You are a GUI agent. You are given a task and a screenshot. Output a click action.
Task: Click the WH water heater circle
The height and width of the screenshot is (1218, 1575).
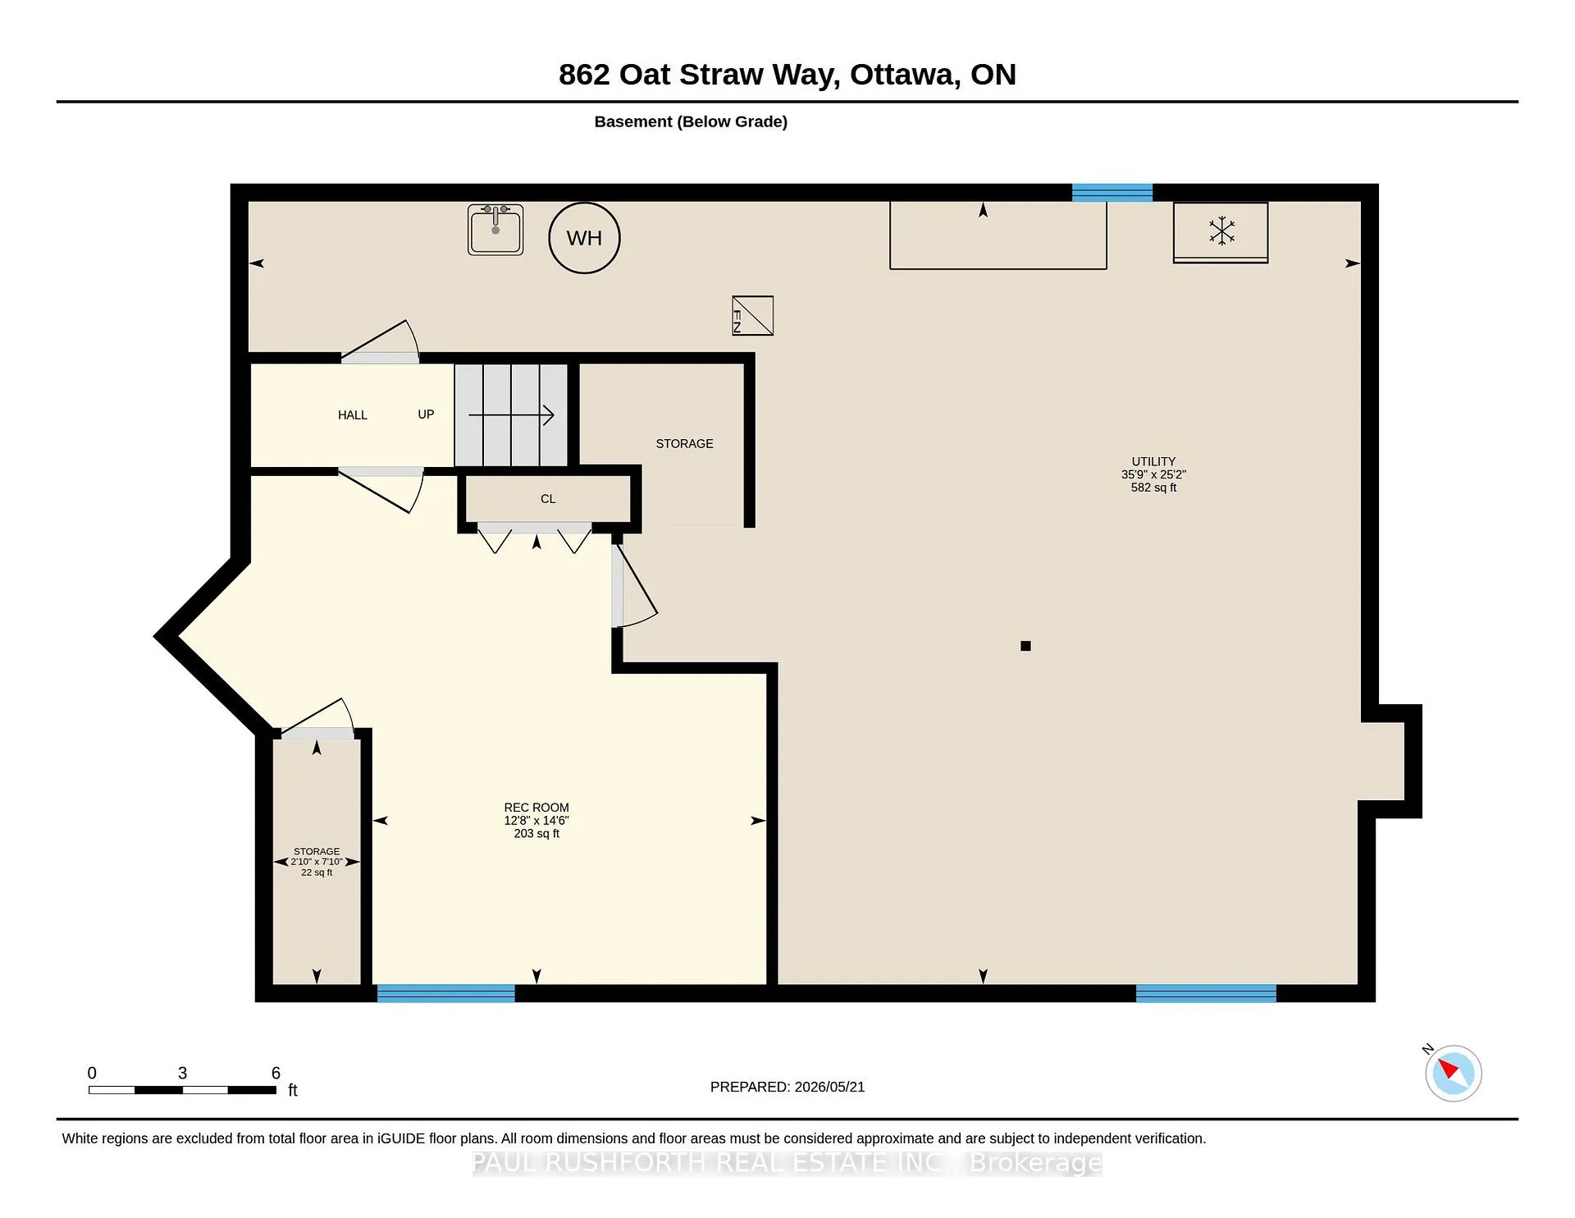[584, 238]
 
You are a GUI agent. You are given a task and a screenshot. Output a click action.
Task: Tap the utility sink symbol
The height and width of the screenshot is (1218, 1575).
[495, 230]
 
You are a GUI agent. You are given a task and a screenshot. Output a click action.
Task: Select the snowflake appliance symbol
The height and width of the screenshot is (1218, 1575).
[1221, 231]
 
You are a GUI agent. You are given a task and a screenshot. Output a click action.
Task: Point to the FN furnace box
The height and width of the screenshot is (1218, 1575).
[752, 316]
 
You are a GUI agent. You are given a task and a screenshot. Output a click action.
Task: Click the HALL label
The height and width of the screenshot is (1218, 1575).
[353, 415]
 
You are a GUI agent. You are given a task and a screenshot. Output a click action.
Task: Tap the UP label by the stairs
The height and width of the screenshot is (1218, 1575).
[426, 414]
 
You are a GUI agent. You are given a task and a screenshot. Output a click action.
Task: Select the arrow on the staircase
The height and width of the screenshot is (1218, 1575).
[511, 415]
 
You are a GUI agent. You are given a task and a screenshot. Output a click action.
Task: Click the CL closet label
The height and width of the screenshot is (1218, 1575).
[548, 499]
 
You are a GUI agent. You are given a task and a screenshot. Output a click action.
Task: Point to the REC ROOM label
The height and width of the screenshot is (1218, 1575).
[536, 808]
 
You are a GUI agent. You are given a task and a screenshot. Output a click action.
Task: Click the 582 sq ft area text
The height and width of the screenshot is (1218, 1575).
[1153, 488]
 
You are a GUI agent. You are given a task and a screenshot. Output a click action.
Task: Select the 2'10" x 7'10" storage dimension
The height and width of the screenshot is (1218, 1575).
[317, 862]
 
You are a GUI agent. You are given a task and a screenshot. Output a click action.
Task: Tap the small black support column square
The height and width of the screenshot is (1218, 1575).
[1025, 646]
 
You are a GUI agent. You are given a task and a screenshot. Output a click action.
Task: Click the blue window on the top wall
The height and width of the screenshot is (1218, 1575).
[1112, 193]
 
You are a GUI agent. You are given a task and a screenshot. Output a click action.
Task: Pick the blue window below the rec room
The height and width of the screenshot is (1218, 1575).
[446, 993]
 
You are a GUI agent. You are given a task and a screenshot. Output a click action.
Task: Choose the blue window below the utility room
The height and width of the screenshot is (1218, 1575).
[1206, 993]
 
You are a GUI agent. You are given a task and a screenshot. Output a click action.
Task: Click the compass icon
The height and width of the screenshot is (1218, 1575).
[1453, 1073]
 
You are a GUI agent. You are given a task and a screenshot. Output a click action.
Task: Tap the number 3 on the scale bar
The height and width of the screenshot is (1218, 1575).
[183, 1074]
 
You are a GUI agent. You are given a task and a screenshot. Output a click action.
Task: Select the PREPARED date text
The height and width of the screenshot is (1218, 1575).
[787, 1087]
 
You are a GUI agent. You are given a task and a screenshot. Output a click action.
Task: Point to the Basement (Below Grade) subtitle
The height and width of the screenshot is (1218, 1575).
[691, 121]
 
